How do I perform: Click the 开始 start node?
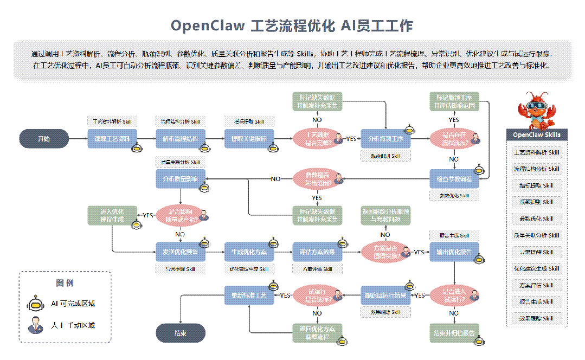coord(43,139)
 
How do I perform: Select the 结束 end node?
coord(181,333)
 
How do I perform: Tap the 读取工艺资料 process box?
coord(112,139)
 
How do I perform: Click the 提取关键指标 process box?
coord(249,139)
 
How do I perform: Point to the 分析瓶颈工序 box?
coord(386,139)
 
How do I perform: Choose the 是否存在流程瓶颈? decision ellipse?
coord(454,139)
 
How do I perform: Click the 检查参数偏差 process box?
coord(454,178)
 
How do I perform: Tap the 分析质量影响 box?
coord(181,178)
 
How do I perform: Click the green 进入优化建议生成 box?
coord(112,215)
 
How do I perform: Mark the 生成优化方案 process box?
coord(249,252)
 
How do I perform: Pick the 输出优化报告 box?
coord(454,252)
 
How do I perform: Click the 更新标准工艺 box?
coord(249,295)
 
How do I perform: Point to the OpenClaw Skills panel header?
coord(537,134)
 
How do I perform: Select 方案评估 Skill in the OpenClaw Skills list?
coord(537,285)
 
